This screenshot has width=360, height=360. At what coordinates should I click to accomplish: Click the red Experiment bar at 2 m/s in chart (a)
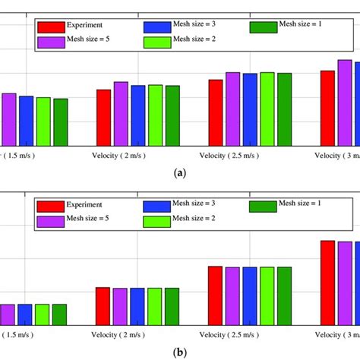coord(103,118)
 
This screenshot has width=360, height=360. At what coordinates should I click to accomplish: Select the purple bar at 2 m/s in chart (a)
coord(121,114)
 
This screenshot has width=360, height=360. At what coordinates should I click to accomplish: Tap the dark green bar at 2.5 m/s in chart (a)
coord(284,109)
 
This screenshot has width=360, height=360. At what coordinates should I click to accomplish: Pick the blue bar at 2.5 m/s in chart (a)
coord(249,110)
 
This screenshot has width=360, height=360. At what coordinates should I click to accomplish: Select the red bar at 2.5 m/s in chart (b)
coord(215,296)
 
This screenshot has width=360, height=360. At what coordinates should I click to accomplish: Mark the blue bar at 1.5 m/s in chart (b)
coord(25,315)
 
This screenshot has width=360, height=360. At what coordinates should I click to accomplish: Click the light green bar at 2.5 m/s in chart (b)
coord(267,296)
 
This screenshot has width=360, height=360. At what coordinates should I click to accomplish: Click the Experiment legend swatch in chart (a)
coord(52,27)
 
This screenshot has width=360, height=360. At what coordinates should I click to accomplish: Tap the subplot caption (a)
coord(180,173)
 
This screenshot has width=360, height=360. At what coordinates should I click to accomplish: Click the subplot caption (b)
coord(180,352)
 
